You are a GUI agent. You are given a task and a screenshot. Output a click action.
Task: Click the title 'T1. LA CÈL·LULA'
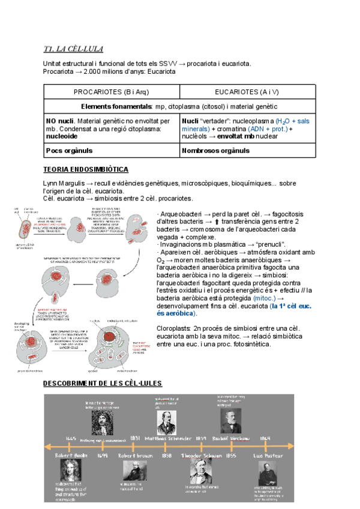(x=69, y=49)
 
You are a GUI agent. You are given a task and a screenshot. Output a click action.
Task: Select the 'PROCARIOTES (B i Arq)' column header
(x=111, y=92)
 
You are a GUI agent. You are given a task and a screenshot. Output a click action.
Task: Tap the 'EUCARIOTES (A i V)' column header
(x=246, y=92)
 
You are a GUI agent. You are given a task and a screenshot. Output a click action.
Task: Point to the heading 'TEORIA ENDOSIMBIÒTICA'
(x=86, y=170)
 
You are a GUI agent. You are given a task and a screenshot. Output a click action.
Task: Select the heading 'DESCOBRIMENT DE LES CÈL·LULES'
(x=103, y=384)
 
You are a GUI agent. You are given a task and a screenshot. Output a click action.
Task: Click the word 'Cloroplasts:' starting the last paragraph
(x=175, y=328)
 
